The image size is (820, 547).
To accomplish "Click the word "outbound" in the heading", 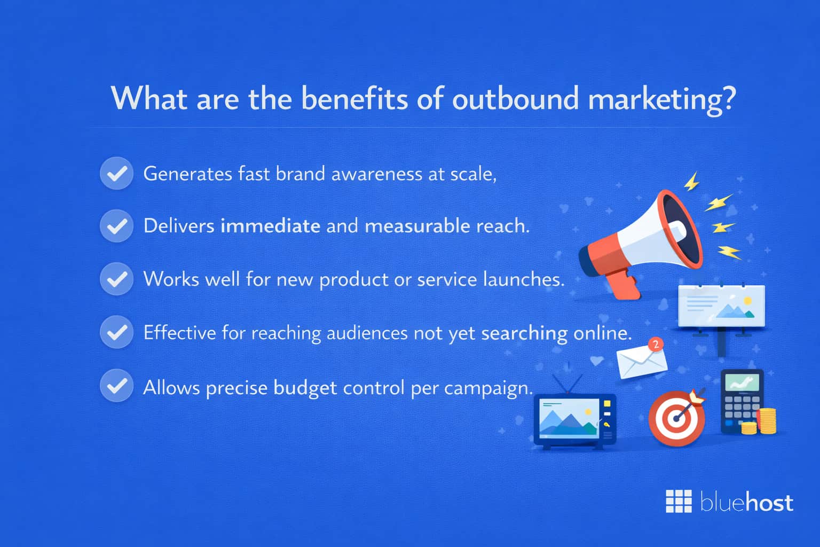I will coord(515,99).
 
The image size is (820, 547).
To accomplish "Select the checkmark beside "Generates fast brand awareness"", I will coord(116,174).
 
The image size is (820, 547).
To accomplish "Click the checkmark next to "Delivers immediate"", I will coord(116,226).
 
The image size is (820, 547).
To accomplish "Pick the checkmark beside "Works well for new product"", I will coord(116,279).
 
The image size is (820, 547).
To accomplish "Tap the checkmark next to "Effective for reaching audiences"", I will coord(116,332).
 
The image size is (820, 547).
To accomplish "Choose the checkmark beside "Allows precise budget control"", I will coord(116,386).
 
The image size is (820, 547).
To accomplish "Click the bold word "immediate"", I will coord(270,226).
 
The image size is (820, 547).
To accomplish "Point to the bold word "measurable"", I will coord(417,226).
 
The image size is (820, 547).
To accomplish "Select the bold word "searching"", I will coord(524,333).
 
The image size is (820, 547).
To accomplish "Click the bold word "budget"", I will coord(305,387).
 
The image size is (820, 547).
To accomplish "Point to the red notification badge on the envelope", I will coord(656,345).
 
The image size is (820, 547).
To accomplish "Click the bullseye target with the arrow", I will coord(676,418).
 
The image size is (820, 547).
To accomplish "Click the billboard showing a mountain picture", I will coord(721,306).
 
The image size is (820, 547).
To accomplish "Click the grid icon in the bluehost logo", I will coord(679,501).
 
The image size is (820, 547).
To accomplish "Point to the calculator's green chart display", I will coord(742,383).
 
